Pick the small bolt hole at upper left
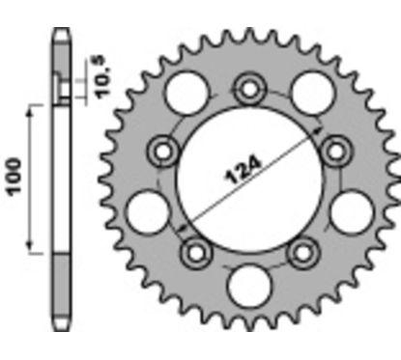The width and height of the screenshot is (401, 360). pyautogui.click(x=162, y=150)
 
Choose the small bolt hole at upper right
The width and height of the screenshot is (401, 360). pyautogui.click(x=336, y=149)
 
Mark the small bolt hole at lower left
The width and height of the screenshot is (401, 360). pyautogui.click(x=198, y=251)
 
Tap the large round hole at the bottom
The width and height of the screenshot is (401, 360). pyautogui.click(x=250, y=289)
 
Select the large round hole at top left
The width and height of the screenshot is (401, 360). pyautogui.click(x=185, y=94)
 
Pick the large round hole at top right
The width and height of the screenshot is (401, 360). pyautogui.click(x=313, y=94)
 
